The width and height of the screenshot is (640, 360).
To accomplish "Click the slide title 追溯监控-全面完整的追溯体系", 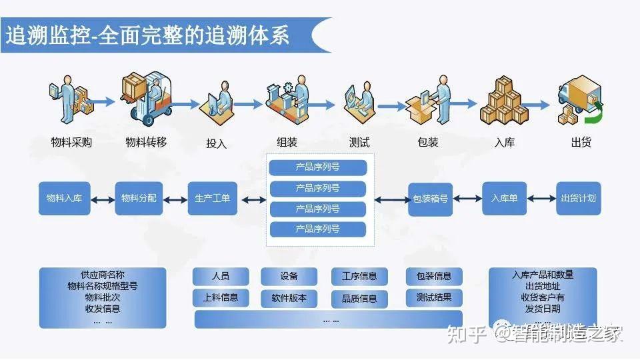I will pos(148,35).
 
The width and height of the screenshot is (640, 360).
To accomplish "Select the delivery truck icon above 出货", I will pos(580,100).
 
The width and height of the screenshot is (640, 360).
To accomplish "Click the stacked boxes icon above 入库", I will pos(504,101).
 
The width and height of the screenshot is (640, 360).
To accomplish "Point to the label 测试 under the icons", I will pos(359,142).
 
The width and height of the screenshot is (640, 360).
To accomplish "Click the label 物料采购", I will pos(71,142).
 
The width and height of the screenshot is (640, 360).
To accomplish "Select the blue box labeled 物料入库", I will pos(64,198).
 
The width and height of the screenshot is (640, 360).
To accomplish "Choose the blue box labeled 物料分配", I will pos(139,198).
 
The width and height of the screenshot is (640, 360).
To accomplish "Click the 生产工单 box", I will pos(213,198).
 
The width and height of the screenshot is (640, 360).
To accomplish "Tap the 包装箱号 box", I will pos(430,198).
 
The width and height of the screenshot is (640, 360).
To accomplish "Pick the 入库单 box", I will pos(505,198).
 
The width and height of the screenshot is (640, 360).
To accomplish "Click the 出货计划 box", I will pos(578,198).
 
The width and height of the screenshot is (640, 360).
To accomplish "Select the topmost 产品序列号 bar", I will pos(317,167).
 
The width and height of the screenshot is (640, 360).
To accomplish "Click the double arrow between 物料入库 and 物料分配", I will pos(102,199).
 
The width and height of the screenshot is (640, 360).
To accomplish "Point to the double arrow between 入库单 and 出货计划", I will pos(541,199).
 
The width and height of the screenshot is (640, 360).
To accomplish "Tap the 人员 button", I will pos(221,276).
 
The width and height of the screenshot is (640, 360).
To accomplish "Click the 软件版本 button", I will pos(289,298).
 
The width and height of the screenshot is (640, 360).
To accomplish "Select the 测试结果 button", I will pos(434,297).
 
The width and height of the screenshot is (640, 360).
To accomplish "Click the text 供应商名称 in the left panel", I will pos(103,275).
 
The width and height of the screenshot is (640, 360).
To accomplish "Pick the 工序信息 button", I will pos(359,276).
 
